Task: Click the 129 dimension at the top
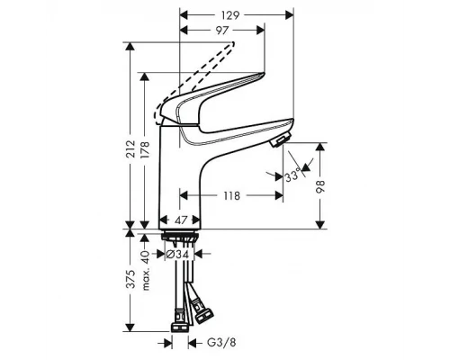(235, 14)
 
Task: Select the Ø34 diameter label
(180, 255)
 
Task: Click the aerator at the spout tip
(279, 140)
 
